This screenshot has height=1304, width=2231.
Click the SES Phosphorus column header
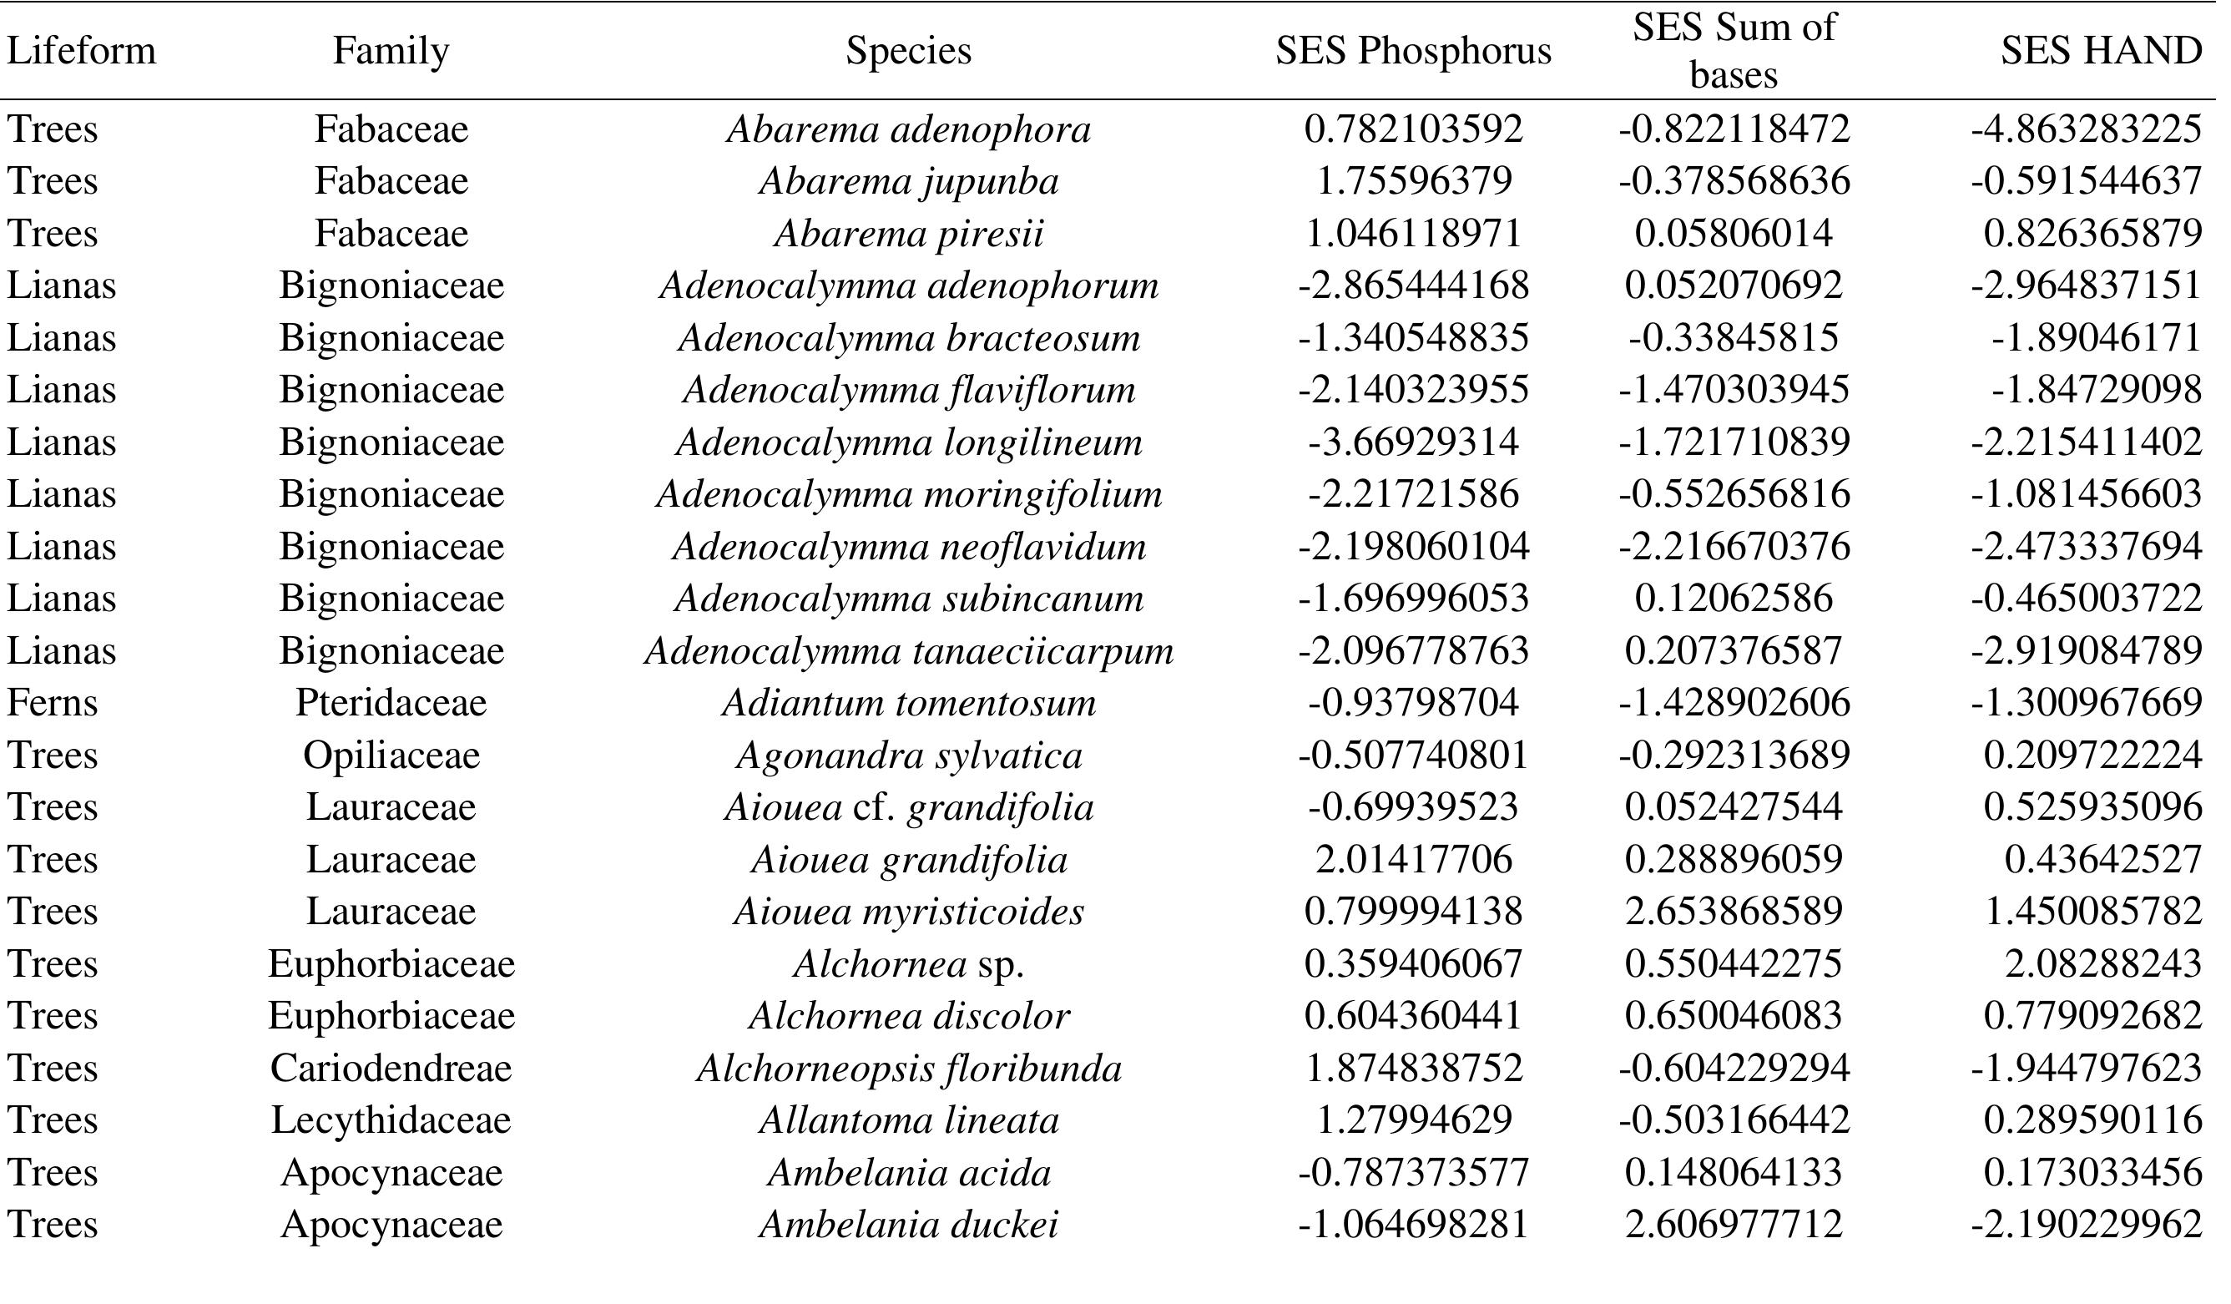pos(1413,50)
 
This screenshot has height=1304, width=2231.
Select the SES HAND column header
pos(2100,50)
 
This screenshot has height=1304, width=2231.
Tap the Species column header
pos(908,50)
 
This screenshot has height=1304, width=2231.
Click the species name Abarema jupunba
pos(908,181)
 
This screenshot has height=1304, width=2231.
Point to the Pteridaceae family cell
pos(391,703)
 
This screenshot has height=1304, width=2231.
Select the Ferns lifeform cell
pos(52,703)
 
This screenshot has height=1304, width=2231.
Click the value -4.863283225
pos(2085,129)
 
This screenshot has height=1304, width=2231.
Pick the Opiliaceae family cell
pos(391,756)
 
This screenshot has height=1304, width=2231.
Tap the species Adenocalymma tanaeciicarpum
pos(908,651)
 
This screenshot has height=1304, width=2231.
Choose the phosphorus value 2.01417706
pos(1413,860)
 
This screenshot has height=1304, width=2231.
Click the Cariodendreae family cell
pos(391,1069)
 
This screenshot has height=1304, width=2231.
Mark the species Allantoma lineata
pos(908,1120)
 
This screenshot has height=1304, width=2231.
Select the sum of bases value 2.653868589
pos(1734,912)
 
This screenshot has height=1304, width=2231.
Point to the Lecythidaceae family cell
pos(391,1120)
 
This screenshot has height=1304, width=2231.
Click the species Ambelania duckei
pos(908,1226)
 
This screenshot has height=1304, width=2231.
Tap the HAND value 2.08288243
pos(2102,964)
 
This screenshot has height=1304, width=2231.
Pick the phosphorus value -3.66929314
pos(1413,442)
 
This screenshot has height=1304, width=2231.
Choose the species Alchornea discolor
pos(908,1016)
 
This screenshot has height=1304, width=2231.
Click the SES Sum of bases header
pos(1734,50)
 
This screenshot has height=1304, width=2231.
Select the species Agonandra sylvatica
pos(908,756)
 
